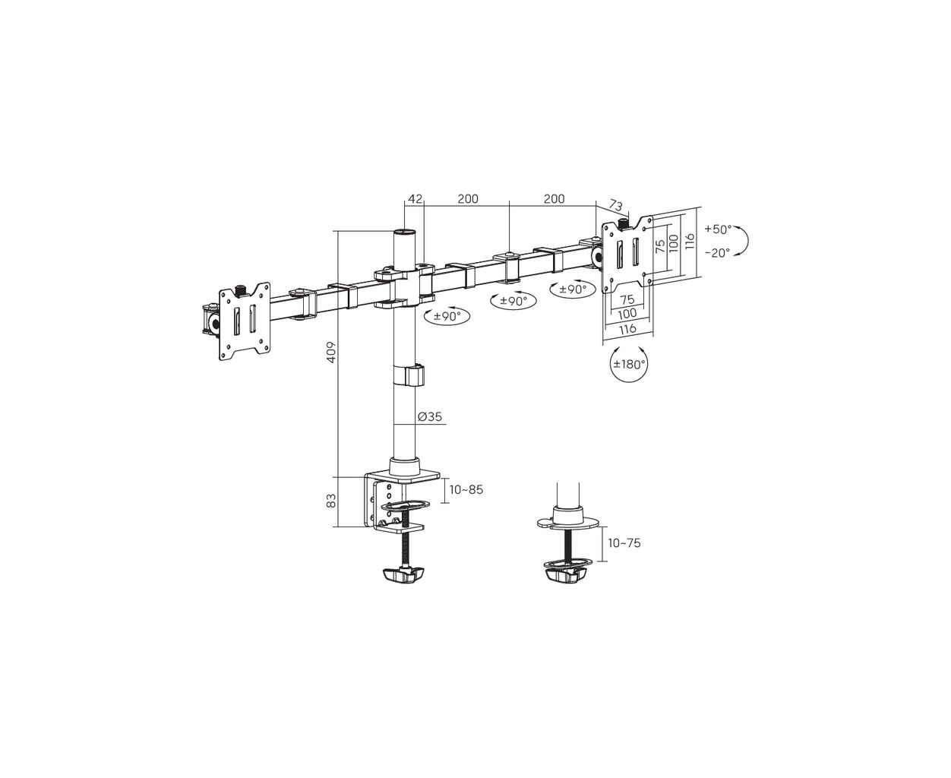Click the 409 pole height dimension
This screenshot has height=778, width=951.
(x=331, y=353)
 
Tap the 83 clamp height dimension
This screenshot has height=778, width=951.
(x=331, y=501)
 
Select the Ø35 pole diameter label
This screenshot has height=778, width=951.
(x=430, y=416)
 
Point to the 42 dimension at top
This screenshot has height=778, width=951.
(x=415, y=199)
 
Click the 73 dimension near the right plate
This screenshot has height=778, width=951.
(x=615, y=205)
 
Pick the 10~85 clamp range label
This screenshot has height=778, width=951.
(x=466, y=489)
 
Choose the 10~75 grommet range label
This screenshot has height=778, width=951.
(x=624, y=543)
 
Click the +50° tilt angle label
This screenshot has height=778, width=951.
(x=719, y=229)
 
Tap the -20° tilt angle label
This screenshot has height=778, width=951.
(x=717, y=253)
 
